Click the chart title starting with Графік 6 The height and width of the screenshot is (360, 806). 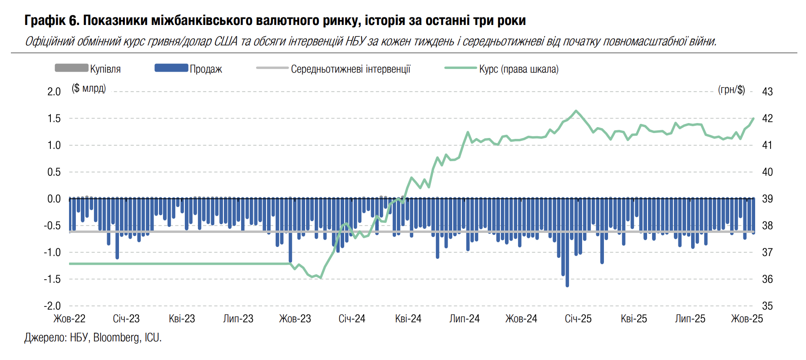275,20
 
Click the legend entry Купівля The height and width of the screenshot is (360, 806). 105,69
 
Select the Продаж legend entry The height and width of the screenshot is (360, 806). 206,69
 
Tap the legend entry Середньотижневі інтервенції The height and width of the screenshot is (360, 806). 351,69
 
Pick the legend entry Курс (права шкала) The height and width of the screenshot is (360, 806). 519,69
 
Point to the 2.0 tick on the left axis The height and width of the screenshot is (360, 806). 54,92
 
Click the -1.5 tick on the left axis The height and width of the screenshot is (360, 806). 52,279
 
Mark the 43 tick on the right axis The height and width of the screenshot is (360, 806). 767,92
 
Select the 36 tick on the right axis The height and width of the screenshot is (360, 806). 767,279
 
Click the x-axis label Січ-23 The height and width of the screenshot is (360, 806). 126,319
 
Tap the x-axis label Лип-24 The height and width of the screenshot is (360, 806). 465,319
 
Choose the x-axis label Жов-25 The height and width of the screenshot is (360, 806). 747,319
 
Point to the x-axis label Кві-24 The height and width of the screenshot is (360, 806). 408,319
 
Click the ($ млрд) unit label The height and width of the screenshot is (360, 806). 89,88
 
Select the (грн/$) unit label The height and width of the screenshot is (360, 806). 731,89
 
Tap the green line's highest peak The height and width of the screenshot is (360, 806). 576,111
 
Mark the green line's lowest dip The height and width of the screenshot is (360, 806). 321,278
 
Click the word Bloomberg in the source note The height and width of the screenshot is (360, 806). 117,338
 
